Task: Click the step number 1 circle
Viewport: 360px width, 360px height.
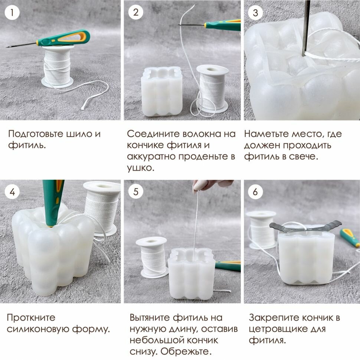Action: coord(12,12)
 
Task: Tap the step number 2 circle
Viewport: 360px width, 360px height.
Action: coord(136,12)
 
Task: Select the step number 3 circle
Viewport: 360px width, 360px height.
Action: coord(256,13)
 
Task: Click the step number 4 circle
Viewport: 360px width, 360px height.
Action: coord(12,192)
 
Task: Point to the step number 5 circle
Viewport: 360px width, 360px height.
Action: coord(136,192)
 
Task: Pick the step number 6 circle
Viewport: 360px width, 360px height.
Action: coord(256,192)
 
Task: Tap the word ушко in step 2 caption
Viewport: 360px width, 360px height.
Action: coord(140,168)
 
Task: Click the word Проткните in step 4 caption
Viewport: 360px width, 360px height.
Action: coord(31,318)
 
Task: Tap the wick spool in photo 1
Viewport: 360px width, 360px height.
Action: coord(58,66)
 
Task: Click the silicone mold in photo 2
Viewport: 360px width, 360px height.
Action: coord(162,91)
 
